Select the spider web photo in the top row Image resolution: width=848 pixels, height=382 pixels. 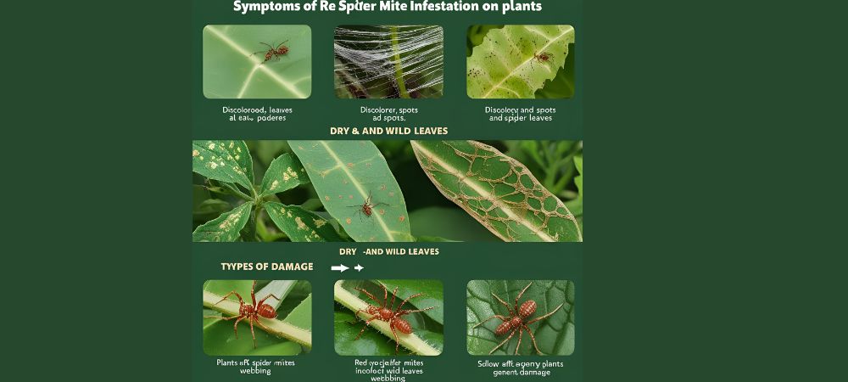click(x=388, y=62)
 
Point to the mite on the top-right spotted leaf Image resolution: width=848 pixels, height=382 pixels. click(x=541, y=58)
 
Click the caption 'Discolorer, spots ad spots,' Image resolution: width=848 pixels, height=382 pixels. click(x=388, y=115)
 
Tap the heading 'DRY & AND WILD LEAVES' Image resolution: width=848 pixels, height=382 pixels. click(x=388, y=132)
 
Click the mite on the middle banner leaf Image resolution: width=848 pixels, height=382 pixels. click(x=367, y=205)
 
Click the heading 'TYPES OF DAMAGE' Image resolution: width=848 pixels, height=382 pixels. click(x=267, y=267)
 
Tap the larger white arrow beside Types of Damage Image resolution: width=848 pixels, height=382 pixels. click(x=339, y=267)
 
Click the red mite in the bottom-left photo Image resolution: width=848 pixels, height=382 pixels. click(x=254, y=310)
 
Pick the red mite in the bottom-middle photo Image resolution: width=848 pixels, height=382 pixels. click(x=390, y=313)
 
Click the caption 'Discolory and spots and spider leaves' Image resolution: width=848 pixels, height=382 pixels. click(x=520, y=115)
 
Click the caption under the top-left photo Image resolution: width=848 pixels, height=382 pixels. click(x=256, y=115)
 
